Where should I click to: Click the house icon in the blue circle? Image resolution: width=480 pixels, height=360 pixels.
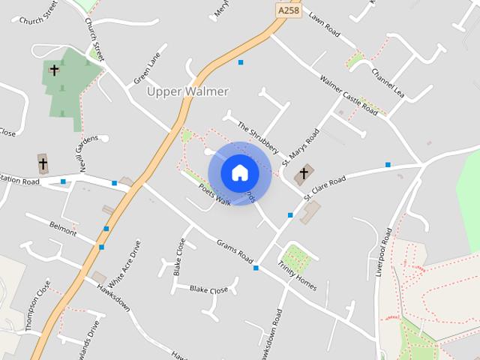coord(240,173)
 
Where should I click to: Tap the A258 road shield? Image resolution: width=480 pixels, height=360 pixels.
coord(289,11)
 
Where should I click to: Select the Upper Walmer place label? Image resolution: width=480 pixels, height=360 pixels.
coord(187,91)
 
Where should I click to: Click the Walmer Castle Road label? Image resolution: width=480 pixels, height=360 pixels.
coord(348,94)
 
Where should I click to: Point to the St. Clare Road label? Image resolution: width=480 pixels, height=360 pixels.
coord(325,189)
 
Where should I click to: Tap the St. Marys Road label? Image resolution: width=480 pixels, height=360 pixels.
coord(301,147)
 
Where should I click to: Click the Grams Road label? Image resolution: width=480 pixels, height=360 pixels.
coord(235,251)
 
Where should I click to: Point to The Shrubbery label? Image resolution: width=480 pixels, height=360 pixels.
coord(258,137)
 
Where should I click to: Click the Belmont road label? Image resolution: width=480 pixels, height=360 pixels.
coord(63,229)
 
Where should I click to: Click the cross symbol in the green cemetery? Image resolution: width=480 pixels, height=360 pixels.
coord(54,70)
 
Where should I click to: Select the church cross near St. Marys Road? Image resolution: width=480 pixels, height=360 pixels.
coord(304,175)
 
